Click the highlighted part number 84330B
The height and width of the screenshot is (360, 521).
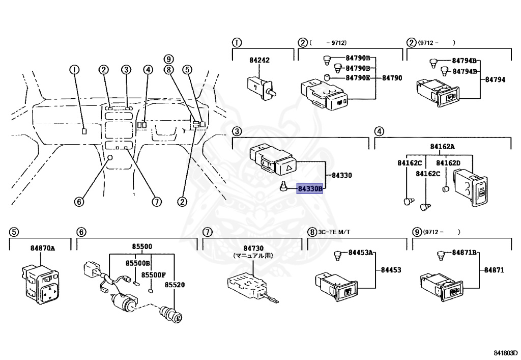[310, 188]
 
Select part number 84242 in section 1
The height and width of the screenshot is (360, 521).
[259, 60]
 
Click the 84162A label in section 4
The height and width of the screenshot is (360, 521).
[442, 147]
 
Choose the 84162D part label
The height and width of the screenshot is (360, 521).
[448, 163]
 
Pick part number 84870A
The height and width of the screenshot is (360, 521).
[42, 248]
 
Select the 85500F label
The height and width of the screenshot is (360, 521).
[154, 275]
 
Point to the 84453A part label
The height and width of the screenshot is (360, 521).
[361, 253]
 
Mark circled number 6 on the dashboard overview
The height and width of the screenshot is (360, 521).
[78, 202]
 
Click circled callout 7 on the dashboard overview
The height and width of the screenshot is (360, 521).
[156, 202]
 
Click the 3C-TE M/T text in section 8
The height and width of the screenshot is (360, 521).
[334, 232]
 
